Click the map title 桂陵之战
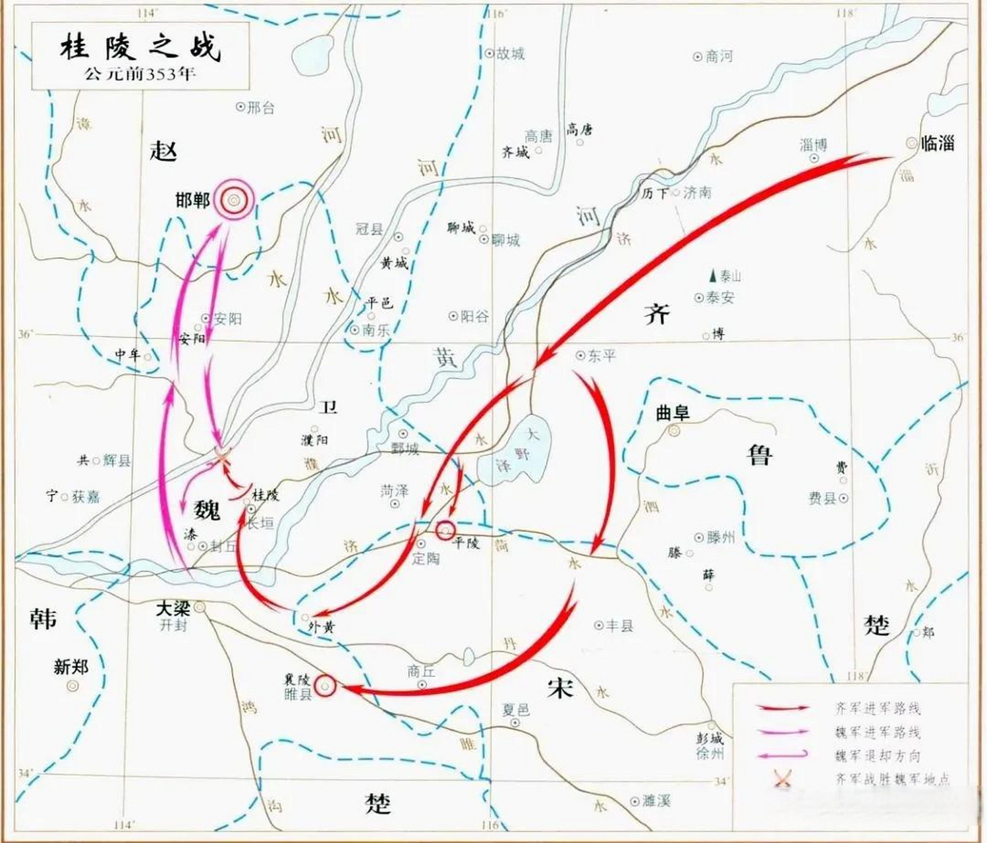coord(140,47)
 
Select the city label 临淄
coord(938,142)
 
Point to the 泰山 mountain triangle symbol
coord(712,275)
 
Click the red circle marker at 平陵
coord(445,529)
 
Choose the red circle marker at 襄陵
coord(325,686)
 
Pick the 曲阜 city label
coord(672,413)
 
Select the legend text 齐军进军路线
coord(877,709)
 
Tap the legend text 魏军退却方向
coord(877,756)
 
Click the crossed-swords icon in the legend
coord(782,779)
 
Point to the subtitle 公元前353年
coord(140,73)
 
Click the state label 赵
coord(163,151)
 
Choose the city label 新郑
coord(70,667)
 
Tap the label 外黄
coord(321,628)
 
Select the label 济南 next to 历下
coord(697,193)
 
